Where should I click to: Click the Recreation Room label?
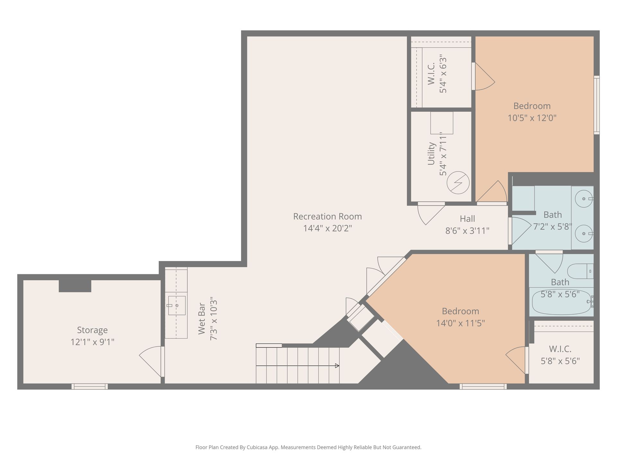327,216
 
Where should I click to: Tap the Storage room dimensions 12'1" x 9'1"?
93,342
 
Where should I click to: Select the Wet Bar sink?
176,305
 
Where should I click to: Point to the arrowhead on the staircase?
337,366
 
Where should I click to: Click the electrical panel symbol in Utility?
458,183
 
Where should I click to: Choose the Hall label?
467,219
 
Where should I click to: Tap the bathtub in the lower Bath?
561,302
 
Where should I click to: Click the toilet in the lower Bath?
580,271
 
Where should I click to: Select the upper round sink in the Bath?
584,199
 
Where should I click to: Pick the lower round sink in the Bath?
584,234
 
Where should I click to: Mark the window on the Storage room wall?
90,386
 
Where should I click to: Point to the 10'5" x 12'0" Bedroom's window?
596,105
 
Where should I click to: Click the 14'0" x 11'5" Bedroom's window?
483,386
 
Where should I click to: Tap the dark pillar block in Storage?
75,286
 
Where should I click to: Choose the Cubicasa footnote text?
308,447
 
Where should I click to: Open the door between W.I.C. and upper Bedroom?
484,76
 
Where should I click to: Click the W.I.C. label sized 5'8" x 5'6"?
560,349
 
